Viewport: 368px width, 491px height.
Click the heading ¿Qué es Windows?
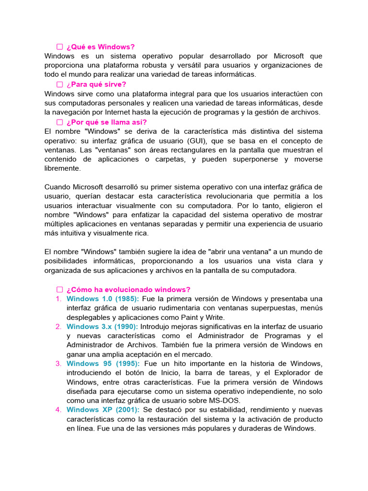click(x=101, y=47)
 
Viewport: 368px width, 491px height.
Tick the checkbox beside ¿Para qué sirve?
click(x=60, y=84)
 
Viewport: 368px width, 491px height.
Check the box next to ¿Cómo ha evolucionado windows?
click(x=60, y=290)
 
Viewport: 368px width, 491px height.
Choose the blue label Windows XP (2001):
click(x=103, y=410)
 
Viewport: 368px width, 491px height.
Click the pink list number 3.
click(x=58, y=363)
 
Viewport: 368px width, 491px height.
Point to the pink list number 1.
click(x=58, y=299)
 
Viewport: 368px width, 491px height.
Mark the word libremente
click(x=63, y=168)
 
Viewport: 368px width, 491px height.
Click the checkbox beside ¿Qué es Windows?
click(x=60, y=47)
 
